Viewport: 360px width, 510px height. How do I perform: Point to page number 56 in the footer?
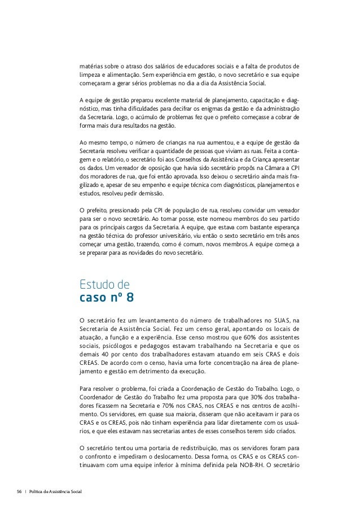19,493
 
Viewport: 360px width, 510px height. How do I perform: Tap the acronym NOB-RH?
244,459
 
